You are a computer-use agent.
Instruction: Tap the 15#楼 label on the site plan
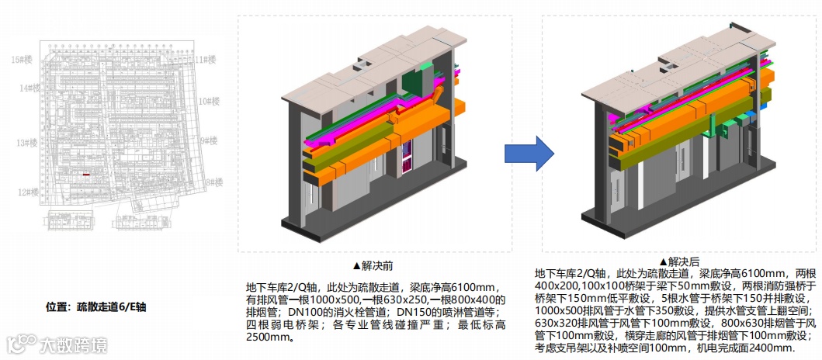pos(22,59)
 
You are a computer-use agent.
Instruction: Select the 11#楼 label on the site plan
pos(205,59)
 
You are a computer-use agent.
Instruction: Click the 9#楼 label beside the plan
pos(209,141)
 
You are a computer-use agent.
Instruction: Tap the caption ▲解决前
pos(373,265)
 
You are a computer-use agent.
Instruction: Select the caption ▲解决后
pos(680,261)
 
